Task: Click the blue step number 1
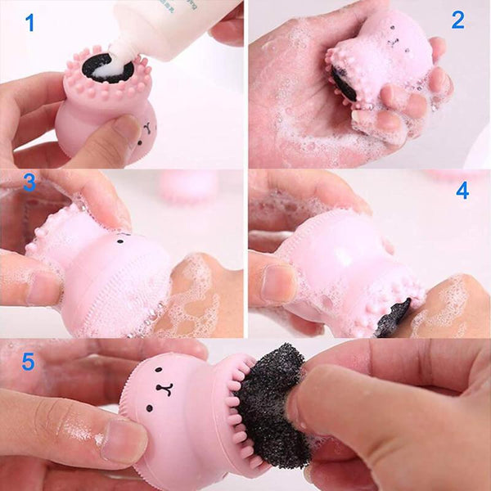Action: click(30, 23)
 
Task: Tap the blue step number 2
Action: click(457, 20)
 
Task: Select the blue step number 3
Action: click(29, 182)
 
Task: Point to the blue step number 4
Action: click(462, 191)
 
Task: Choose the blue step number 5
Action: click(28, 362)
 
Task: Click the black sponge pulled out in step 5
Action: click(271, 406)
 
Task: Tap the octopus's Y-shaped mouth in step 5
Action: click(165, 389)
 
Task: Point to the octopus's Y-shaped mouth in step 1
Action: click(147, 128)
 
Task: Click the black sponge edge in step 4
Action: click(394, 318)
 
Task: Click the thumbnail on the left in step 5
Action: click(124, 441)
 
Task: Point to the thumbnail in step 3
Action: click(44, 288)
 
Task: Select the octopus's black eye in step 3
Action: click(119, 241)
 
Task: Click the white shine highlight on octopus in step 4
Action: click(345, 258)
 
